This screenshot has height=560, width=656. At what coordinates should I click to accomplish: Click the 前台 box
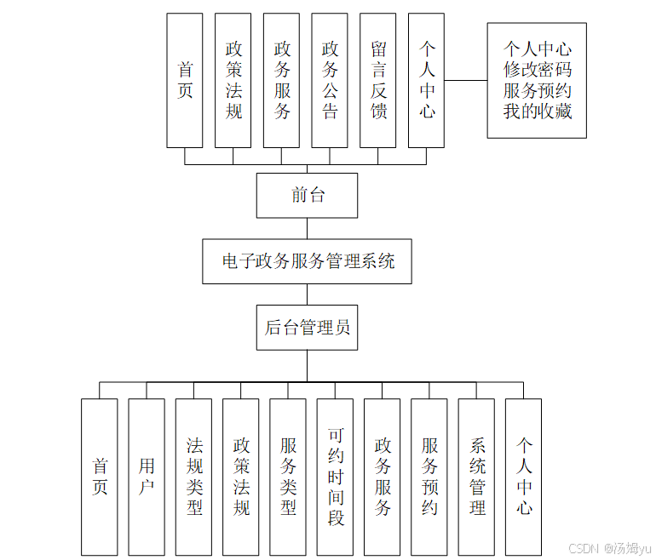[x=307, y=196]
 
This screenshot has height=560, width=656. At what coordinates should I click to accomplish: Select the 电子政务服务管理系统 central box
[x=308, y=261]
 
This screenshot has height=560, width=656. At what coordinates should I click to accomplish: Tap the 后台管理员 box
[x=307, y=328]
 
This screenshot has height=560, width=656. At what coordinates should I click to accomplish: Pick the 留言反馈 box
[x=378, y=81]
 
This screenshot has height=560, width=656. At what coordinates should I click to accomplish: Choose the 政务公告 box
[x=330, y=81]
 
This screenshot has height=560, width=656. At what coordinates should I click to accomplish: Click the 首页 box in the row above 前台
[x=185, y=81]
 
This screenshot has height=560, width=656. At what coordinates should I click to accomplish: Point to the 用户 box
[x=147, y=477]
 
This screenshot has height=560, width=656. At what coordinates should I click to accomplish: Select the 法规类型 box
[x=194, y=477]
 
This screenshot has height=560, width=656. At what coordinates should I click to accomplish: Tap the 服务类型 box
[x=288, y=477]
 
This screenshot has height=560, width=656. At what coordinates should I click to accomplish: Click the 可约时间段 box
[x=335, y=477]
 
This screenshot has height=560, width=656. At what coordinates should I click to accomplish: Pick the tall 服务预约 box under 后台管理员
[x=429, y=477]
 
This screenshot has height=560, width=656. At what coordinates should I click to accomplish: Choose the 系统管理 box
[x=476, y=477]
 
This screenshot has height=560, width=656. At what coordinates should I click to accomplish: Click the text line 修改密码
[x=537, y=70]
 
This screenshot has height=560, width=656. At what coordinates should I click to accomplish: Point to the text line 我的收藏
[x=537, y=111]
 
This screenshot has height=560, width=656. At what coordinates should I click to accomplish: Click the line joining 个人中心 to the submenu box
[x=465, y=81]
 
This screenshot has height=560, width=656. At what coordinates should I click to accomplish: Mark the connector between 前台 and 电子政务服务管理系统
[x=308, y=228]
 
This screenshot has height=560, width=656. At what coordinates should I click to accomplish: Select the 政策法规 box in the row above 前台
[x=233, y=81]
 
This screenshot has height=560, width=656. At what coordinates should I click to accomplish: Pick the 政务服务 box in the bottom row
[x=383, y=477]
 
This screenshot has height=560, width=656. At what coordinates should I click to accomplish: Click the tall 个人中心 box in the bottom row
[x=523, y=477]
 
